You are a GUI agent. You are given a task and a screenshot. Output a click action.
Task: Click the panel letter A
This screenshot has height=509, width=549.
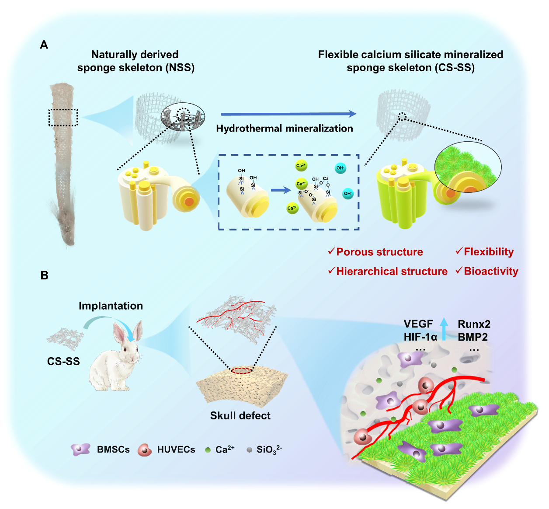click(x=44, y=45)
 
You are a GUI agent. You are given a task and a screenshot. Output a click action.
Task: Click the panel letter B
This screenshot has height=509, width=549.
click(x=44, y=275)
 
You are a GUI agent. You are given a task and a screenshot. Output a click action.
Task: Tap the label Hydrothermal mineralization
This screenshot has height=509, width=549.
click(x=285, y=129)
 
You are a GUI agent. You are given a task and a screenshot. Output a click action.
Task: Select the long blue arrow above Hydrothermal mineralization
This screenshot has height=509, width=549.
click(x=288, y=114)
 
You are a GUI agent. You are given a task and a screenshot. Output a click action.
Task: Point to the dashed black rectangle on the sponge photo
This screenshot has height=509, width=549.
click(x=63, y=117)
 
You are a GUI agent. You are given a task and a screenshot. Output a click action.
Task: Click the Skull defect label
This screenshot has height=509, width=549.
click(x=240, y=415)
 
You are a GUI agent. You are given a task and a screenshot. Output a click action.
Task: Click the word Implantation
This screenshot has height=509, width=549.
click(x=111, y=306)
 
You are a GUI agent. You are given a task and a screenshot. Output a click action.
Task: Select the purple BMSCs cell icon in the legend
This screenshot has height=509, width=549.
click(x=80, y=449)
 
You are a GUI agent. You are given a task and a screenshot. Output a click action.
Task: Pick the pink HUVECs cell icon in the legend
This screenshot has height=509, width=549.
click(x=144, y=450)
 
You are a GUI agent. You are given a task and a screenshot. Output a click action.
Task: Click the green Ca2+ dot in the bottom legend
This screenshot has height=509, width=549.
click(x=208, y=450)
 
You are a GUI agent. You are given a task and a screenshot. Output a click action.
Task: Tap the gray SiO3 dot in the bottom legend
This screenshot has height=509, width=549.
click(x=249, y=450)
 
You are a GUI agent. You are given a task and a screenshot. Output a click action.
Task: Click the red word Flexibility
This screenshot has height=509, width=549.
click(x=489, y=252)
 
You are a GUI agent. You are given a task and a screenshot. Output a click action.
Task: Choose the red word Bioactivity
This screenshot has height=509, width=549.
click(x=491, y=272)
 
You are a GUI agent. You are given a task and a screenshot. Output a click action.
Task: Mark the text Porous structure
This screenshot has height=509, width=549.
click(x=379, y=252)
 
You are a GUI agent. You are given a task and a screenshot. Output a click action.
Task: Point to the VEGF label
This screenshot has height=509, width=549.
click(x=418, y=324)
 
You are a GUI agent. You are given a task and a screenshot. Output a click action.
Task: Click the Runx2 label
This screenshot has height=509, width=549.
click(x=474, y=324)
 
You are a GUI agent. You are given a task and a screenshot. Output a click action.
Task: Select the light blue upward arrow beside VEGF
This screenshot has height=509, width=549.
click(x=444, y=329)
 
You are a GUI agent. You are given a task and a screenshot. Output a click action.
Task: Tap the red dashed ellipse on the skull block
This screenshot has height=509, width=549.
click(x=242, y=371)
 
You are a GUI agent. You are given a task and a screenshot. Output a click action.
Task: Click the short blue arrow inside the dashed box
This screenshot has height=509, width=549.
click(x=281, y=190)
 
